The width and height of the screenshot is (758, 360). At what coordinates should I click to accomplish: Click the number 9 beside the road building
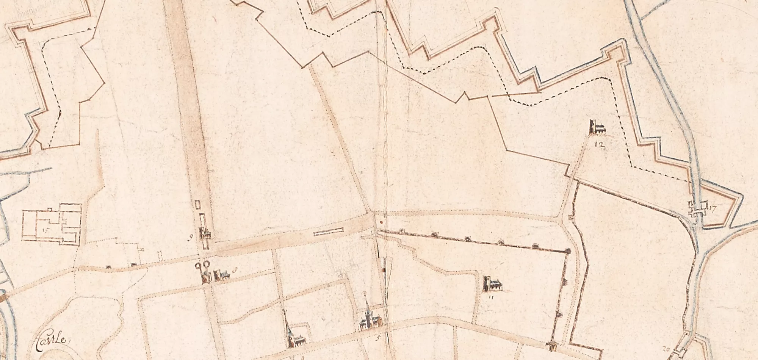(191, 238)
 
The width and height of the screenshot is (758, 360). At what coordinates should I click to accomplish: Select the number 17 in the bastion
(711, 208)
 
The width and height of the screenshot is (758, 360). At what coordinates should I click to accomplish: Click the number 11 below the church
(491, 297)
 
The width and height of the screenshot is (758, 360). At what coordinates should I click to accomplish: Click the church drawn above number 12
(597, 128)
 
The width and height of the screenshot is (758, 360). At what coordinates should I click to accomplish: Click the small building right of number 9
(206, 234)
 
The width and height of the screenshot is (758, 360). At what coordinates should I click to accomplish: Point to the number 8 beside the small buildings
(236, 270)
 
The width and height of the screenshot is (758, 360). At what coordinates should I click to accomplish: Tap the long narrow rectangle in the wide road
(329, 231)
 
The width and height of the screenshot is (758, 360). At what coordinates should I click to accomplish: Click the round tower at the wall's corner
(568, 251)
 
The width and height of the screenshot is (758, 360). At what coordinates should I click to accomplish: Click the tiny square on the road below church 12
(571, 218)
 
